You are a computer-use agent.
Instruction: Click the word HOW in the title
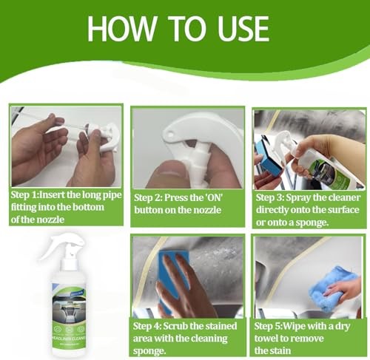point(122,29)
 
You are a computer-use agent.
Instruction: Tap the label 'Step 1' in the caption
point(24,195)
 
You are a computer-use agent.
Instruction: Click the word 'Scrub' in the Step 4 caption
point(175,326)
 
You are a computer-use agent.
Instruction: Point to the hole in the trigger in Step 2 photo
point(170,135)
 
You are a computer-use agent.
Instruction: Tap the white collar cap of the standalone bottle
point(68,264)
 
